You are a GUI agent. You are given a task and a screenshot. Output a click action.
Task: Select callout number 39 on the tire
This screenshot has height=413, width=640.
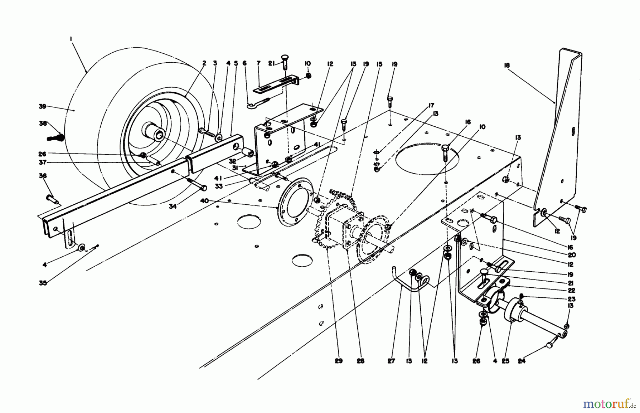(x=43, y=106)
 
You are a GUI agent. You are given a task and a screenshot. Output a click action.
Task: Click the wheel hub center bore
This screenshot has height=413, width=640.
(x=159, y=135)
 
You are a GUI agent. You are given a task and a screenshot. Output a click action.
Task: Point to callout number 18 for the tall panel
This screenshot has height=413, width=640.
(x=507, y=65)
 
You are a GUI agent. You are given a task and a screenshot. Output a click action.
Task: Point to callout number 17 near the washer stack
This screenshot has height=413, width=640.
(x=431, y=105)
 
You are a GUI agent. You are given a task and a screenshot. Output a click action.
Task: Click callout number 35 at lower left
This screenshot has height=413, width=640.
(x=43, y=283)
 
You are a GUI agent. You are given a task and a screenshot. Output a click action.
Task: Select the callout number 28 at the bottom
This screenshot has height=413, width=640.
(x=360, y=361)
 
